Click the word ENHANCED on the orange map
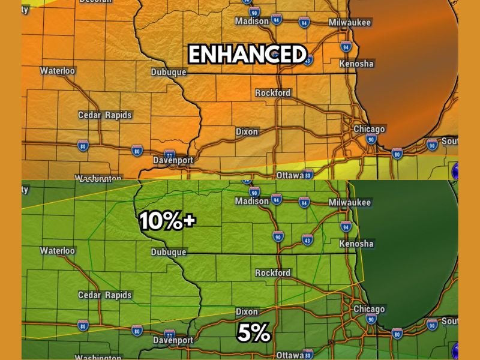click(247, 55)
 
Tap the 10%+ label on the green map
click(167, 221)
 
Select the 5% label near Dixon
click(253, 334)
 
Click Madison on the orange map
click(252, 21)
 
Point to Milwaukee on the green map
click(350, 203)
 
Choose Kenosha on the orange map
click(356, 64)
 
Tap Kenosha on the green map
click(356, 244)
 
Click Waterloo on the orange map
click(58, 71)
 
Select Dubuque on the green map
click(169, 253)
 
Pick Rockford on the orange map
click(272, 93)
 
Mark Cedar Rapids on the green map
click(105, 295)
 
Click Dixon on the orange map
click(247, 131)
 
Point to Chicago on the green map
click(369, 309)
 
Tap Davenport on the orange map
click(173, 160)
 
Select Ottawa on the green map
click(290, 354)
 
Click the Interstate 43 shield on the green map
click(307, 240)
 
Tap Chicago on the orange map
click(369, 129)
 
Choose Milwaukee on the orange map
click(350, 23)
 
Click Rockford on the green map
click(272, 273)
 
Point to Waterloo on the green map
click(58, 251)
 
